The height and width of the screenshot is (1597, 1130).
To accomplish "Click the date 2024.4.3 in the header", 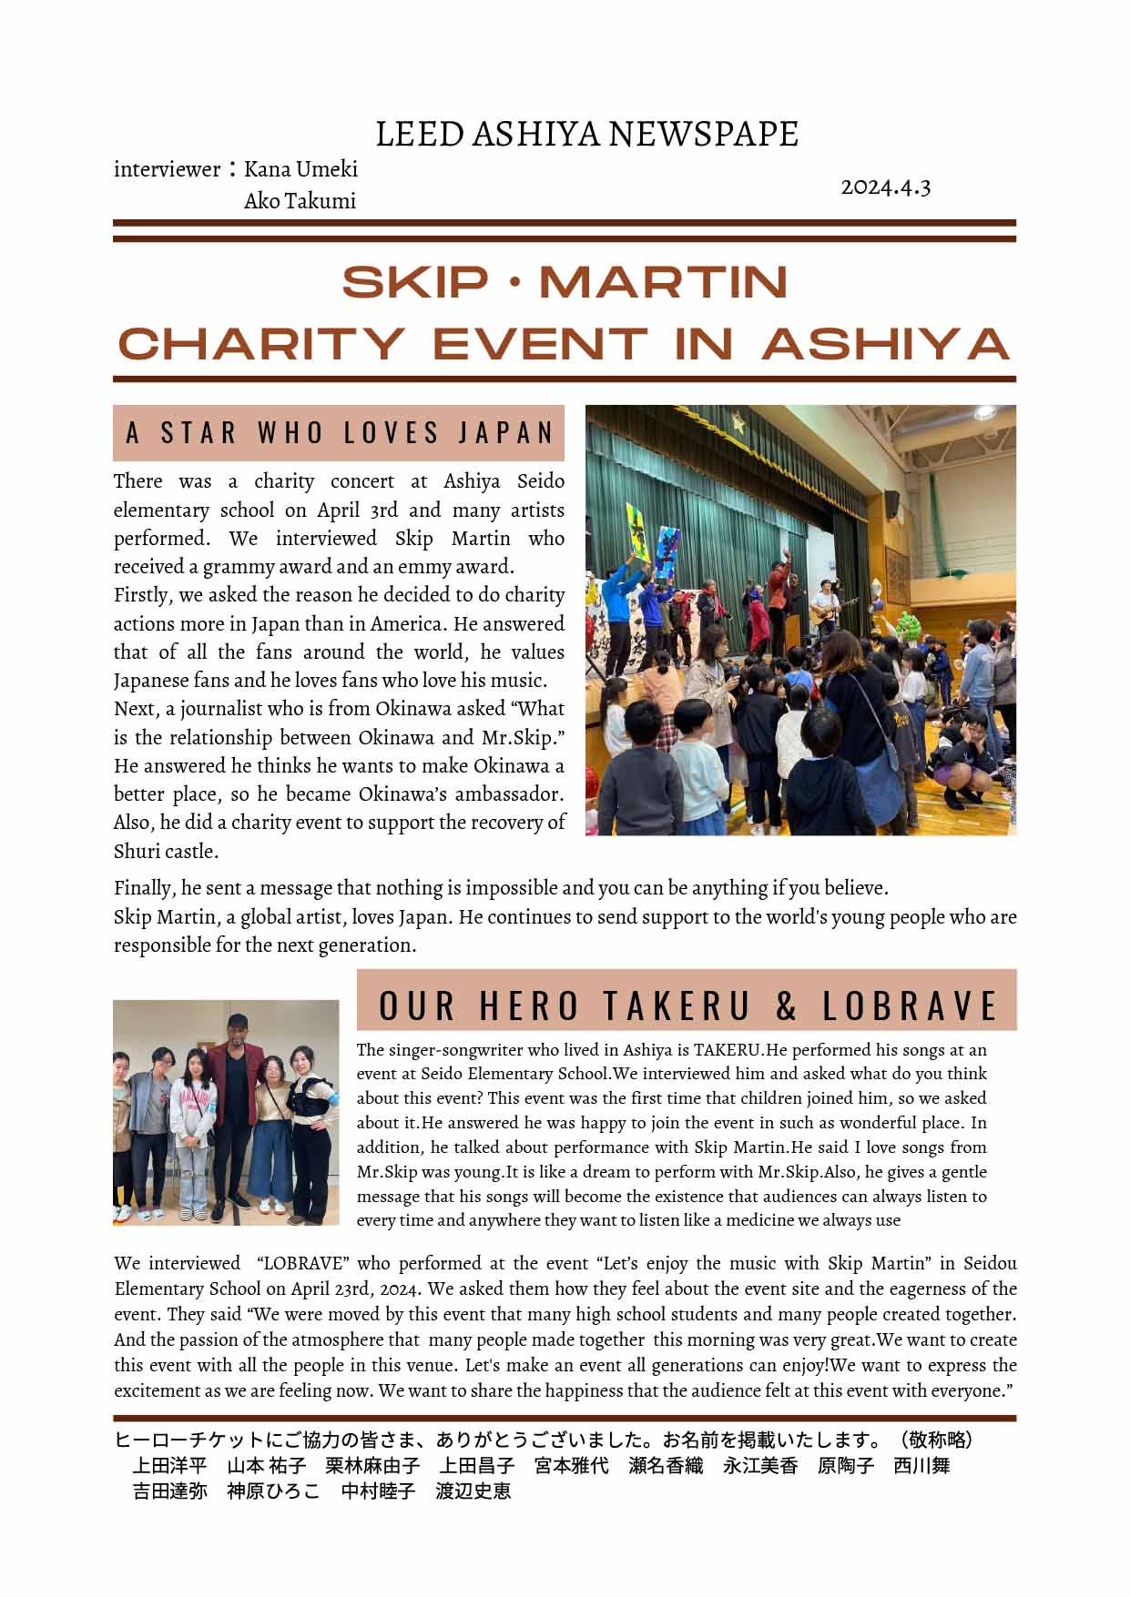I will point(885,187).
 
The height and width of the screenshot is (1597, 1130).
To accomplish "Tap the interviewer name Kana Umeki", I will point(300,169).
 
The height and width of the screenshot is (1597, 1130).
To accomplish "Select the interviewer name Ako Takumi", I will point(300,201).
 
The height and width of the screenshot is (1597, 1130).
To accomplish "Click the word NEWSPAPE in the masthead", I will point(703,134).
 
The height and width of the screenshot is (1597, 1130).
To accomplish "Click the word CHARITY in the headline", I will point(261,344).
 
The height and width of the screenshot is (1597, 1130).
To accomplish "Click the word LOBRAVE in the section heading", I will point(910,1006).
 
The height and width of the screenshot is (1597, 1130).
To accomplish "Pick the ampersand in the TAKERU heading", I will point(786,1006).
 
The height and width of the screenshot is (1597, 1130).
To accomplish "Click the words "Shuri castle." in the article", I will point(166,852).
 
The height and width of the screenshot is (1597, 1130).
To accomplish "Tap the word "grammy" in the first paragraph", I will point(234,567).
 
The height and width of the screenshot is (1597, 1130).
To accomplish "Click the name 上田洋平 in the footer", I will point(170,1466).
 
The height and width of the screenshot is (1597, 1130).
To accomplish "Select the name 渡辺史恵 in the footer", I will point(473,1491).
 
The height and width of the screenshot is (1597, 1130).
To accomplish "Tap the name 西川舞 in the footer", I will point(921,1466).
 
